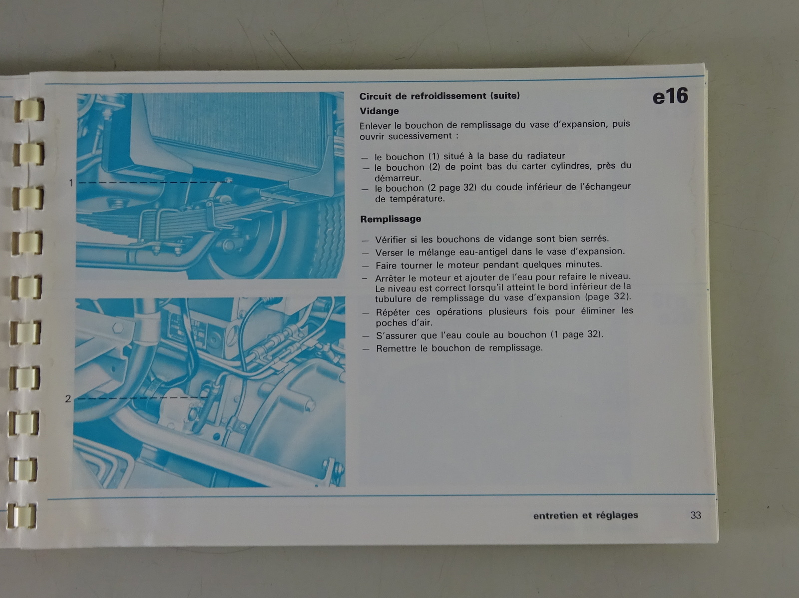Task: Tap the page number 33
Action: [696, 515]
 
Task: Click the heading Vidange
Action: [379, 111]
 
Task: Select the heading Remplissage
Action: [391, 219]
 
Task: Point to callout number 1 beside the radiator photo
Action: [71, 183]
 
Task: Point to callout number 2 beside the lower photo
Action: [68, 399]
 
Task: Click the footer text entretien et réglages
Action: [586, 516]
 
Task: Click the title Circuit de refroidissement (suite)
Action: [439, 96]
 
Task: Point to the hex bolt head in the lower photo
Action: [117, 327]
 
